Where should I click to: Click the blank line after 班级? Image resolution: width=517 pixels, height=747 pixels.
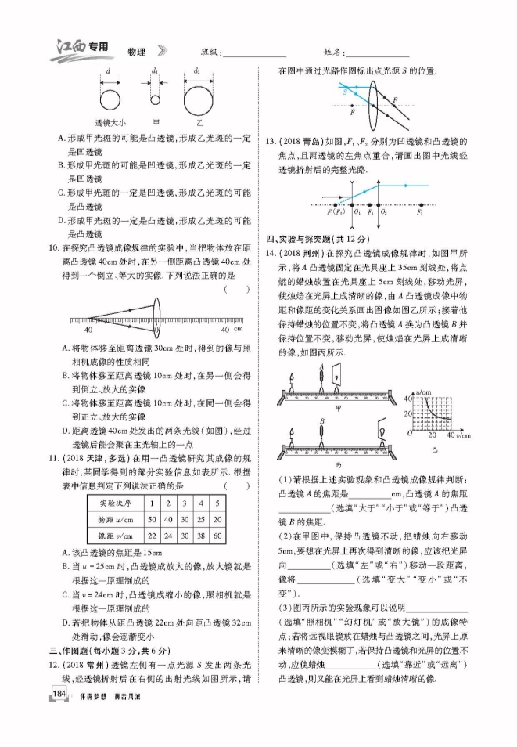tap(254, 54)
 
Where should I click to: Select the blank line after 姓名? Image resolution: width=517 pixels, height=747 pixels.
tap(376, 54)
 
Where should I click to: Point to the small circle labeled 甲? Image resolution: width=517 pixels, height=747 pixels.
tap(155, 100)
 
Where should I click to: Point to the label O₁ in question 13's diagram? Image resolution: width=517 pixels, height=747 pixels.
tap(357, 211)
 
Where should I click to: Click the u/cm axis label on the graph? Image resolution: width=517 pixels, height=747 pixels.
tap(425, 389)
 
